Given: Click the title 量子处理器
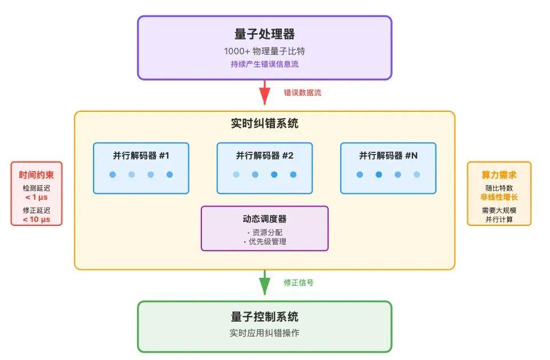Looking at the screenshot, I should [264, 34].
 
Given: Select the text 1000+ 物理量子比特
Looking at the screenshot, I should [264, 51].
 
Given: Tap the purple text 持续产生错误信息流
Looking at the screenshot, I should [264, 64].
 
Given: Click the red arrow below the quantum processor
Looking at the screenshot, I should [264, 92].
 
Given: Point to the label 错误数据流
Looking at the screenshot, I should [302, 92].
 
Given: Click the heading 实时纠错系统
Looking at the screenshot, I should [264, 123].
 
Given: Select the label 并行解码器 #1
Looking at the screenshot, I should [141, 155].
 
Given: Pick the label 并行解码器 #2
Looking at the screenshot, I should [264, 155].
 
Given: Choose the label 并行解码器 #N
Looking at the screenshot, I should [388, 155].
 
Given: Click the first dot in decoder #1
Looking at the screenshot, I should [112, 175].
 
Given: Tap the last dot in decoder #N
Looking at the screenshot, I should [416, 175].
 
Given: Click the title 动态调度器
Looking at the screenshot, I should [264, 219].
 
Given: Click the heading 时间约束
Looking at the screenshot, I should [37, 175].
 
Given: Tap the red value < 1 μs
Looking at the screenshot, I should [37, 197].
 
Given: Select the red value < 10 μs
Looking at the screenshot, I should [37, 219].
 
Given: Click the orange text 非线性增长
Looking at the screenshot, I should [499, 197].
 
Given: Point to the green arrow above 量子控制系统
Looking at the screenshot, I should [264, 283].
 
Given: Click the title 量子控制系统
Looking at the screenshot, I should [264, 317].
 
